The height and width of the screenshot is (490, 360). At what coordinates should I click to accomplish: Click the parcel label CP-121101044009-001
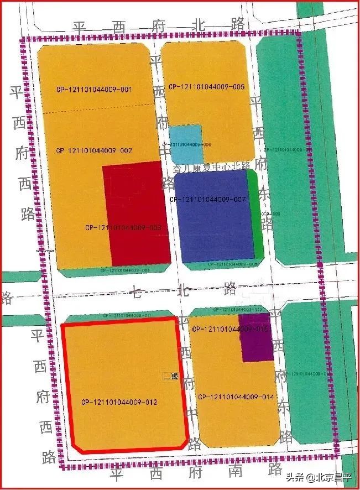[x=93, y=90]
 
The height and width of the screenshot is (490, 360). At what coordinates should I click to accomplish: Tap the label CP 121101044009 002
[x=93, y=150]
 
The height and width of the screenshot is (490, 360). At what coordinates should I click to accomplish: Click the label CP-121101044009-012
[x=119, y=402]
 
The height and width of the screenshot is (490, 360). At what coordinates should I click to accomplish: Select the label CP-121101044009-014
[x=236, y=397]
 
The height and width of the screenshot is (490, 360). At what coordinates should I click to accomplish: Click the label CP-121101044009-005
[x=206, y=87]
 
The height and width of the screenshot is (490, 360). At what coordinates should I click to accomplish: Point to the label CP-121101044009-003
[x=123, y=227]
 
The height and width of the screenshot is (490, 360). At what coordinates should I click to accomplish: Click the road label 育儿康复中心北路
[x=212, y=165]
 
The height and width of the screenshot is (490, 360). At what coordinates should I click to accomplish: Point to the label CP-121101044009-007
[x=207, y=199]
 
